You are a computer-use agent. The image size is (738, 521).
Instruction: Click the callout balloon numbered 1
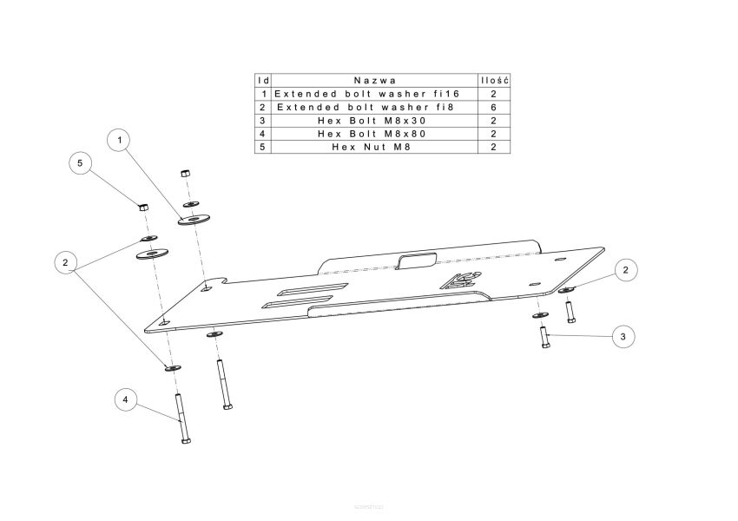[120, 140]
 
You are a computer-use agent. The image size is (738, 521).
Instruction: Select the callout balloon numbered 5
[80, 163]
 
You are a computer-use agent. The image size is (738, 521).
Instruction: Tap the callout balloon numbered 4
[125, 399]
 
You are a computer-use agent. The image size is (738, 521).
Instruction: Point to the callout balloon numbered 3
[623, 337]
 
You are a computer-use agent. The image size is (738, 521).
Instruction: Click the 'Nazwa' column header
[375, 81]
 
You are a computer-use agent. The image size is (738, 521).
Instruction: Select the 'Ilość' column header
[494, 81]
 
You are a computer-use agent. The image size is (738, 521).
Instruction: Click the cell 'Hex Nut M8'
[372, 147]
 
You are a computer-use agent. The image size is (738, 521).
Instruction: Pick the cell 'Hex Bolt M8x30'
[372, 121]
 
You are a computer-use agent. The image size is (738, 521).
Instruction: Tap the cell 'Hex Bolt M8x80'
[372, 134]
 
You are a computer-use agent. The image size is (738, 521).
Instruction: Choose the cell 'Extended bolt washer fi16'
[366, 94]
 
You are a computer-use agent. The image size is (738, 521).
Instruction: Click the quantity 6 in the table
[493, 108]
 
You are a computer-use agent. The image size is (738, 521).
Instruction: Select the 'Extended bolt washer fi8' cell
[366, 108]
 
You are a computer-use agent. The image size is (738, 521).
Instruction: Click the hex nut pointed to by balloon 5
[144, 206]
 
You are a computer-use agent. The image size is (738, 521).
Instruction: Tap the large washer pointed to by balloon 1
[194, 219]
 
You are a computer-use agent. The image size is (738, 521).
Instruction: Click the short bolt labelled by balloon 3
[544, 338]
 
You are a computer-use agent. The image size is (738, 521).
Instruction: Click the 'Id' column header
[264, 81]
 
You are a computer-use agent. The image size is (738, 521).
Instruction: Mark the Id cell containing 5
[262, 147]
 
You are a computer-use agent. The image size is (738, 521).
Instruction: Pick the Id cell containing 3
[262, 121]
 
